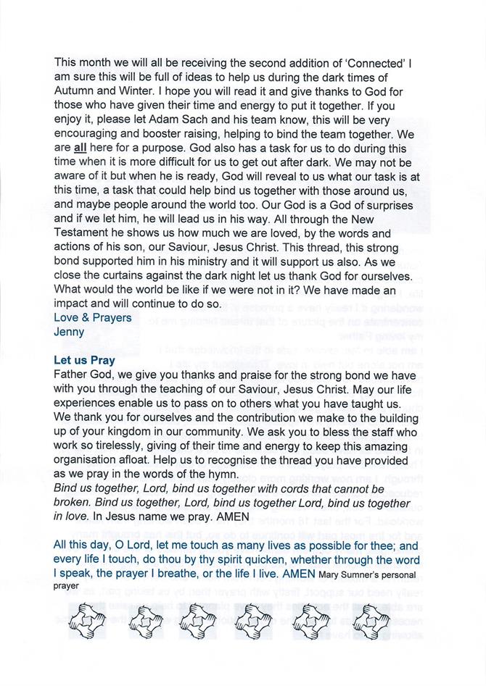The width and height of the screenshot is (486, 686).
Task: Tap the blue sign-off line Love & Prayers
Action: [93, 317]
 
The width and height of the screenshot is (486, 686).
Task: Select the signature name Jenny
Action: [70, 332]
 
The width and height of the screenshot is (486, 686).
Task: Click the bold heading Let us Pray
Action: [84, 360]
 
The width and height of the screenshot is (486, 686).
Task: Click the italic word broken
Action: [73, 503]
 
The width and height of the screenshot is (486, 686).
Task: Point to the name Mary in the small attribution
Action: [329, 575]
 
